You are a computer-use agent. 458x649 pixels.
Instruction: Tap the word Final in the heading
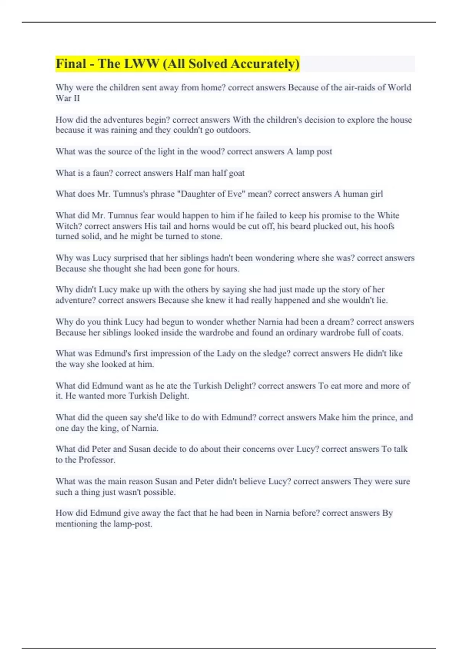pos(71,64)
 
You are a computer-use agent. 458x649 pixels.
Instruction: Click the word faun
pos(103,173)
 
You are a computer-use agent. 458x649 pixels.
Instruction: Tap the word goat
pos(237,173)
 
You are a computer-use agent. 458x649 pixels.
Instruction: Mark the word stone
pos(211,236)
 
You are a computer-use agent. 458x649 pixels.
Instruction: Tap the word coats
pos(392,333)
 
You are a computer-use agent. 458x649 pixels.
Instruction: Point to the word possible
pos(158,492)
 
